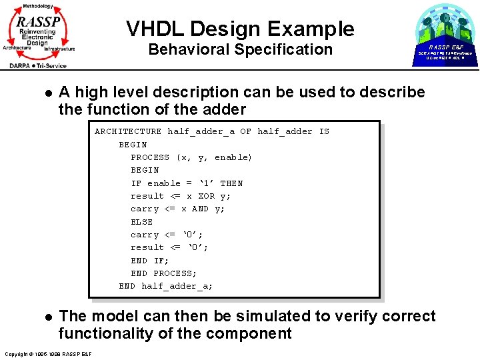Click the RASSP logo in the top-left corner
[x=39, y=35]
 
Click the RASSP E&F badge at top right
[x=445, y=35]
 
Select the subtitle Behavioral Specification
[x=240, y=49]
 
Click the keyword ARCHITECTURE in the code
[x=128, y=131]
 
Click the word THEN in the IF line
[x=231, y=183]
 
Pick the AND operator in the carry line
[x=200, y=209]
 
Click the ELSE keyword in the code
[x=141, y=222]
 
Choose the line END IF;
[x=149, y=261]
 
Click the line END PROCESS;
[x=163, y=273]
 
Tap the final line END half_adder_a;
[x=166, y=286]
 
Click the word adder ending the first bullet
[x=225, y=109]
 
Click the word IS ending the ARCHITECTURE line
[x=324, y=131]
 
